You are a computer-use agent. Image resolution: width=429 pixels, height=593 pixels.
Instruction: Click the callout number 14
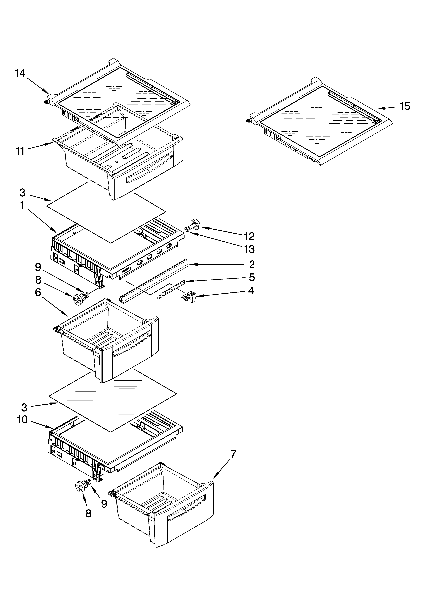click(x=20, y=73)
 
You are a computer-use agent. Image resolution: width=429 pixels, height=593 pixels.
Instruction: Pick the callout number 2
click(x=252, y=265)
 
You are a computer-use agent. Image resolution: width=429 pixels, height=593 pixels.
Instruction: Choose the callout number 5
click(x=252, y=277)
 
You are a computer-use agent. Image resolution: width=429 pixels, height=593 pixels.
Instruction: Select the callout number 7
click(x=233, y=454)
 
